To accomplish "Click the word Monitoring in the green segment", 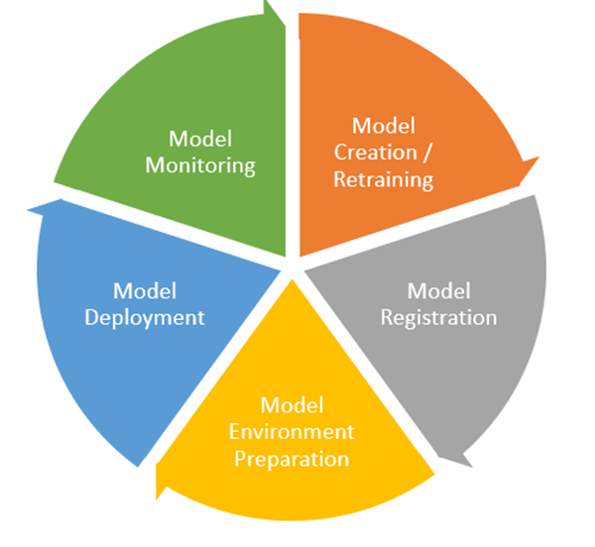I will (200, 164).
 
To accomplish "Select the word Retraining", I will (384, 179).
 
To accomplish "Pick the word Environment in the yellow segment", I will (292, 432).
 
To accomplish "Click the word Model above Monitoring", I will (200, 138).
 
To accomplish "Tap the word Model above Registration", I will (439, 290).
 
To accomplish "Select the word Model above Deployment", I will (145, 290).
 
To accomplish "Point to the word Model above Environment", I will (292, 404).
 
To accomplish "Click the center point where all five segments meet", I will (293, 266).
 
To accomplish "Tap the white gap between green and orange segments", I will (293, 129).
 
